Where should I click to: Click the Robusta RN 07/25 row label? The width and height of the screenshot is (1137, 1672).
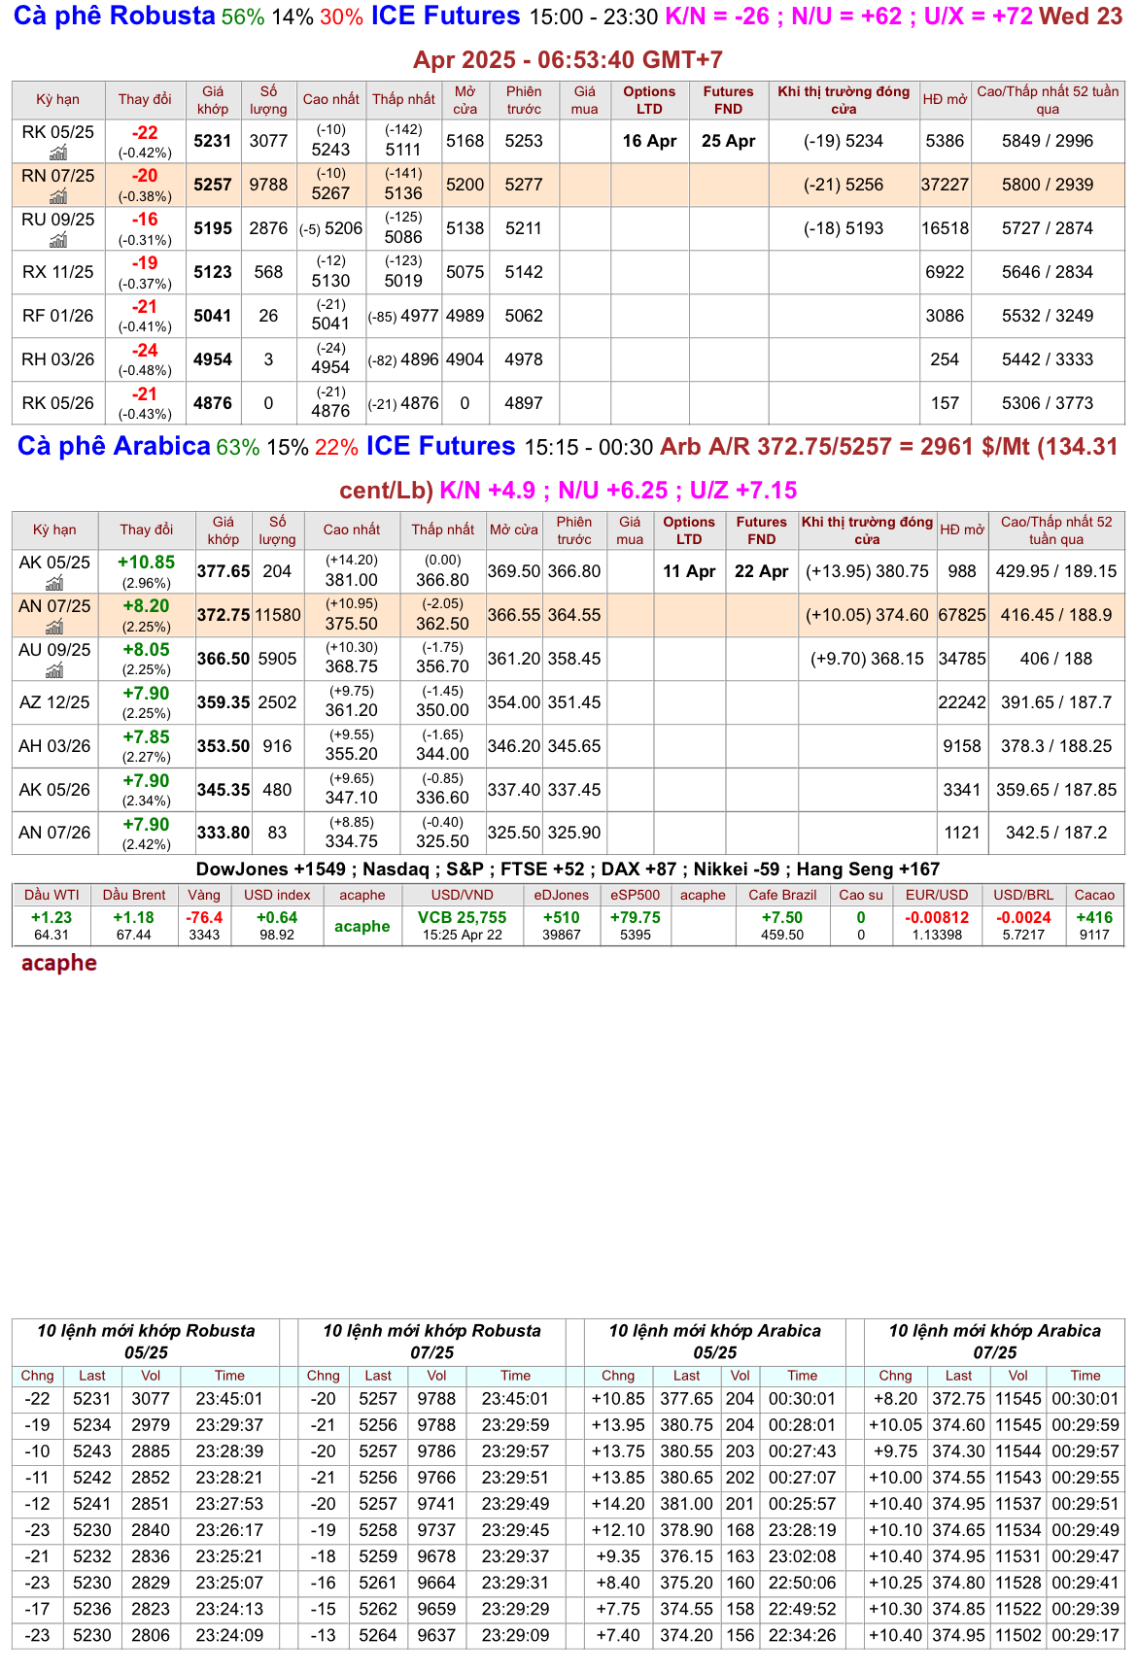coord(58,176)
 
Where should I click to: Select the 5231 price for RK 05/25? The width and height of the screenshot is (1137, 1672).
coord(213,141)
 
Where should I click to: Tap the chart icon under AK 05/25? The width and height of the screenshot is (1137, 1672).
coord(54,583)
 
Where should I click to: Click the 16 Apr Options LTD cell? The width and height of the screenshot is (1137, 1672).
coord(649,141)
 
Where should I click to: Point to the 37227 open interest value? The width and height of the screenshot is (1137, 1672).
coord(945,185)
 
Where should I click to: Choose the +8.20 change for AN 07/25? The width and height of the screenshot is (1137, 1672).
coord(146,606)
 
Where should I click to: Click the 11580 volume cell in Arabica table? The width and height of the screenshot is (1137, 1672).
coord(278,615)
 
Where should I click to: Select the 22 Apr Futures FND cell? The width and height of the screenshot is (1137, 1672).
coord(761,571)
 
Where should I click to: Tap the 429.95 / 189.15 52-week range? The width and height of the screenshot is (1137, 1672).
coord(1056,571)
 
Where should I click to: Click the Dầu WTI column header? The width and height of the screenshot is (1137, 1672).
coord(52,895)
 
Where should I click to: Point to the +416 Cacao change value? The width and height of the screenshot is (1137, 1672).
coord(1094,917)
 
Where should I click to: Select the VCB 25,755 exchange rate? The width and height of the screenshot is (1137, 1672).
coord(462,917)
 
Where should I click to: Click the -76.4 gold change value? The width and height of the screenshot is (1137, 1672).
coord(204,917)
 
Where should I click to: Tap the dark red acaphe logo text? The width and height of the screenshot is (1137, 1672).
coord(59,963)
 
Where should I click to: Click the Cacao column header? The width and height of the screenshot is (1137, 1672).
coord(1094,895)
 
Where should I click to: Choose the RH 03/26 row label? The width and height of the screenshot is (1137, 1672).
coord(58,359)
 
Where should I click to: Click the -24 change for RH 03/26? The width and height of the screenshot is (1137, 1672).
coord(145,351)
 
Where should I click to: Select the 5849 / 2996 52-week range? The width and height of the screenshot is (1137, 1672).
coord(1048,141)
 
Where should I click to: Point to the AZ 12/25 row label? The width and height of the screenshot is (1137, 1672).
coord(54,702)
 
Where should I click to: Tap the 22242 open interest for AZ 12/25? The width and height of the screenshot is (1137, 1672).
coord(962,702)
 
